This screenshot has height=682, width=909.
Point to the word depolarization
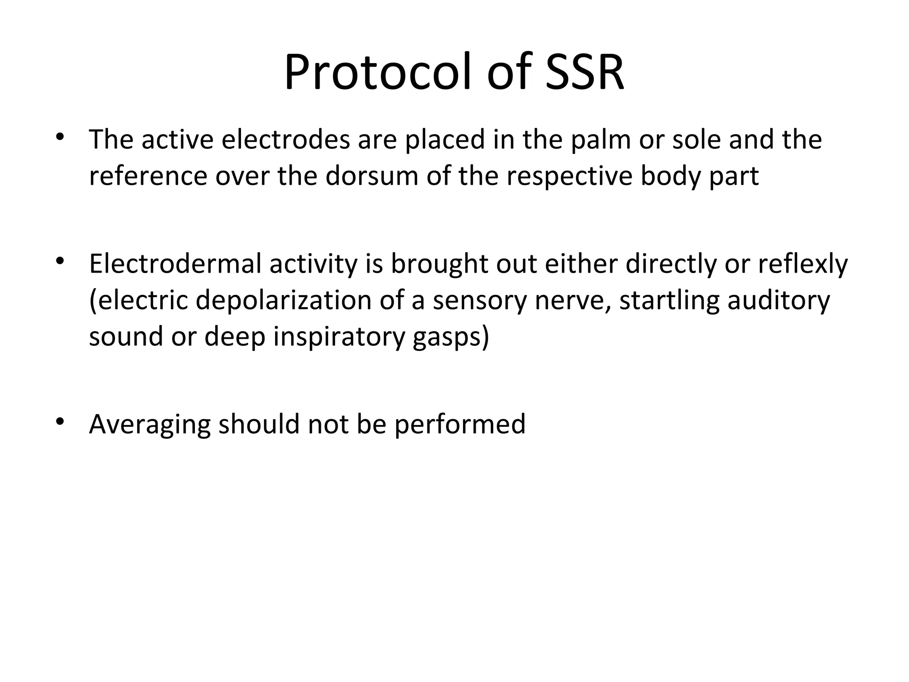point(283,300)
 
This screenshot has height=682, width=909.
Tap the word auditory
point(779,300)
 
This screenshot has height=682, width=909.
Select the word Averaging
point(150,424)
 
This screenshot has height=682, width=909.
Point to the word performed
point(459,424)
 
